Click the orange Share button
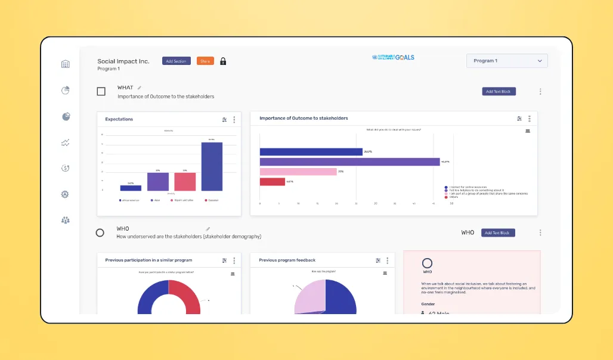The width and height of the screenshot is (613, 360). (x=205, y=61)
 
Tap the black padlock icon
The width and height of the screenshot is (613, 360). (x=223, y=61)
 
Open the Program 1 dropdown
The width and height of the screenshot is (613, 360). (x=507, y=61)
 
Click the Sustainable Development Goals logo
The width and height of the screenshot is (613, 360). (x=393, y=58)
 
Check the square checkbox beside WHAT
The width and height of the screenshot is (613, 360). (x=101, y=91)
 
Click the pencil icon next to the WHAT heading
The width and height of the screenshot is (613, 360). (x=140, y=88)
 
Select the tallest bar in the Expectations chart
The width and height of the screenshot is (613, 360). (x=212, y=166)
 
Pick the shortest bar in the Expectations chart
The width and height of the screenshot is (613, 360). (x=131, y=188)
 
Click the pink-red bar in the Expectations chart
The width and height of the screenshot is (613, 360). (x=185, y=182)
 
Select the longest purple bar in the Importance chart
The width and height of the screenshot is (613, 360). (x=349, y=162)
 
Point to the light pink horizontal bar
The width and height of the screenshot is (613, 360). (x=298, y=172)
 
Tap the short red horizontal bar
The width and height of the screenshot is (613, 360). (x=273, y=182)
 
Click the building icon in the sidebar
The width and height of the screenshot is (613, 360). (x=66, y=64)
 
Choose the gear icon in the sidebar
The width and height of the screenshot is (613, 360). (x=66, y=194)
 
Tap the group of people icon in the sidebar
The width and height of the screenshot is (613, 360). (x=66, y=220)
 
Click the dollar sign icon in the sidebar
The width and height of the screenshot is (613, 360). (x=66, y=168)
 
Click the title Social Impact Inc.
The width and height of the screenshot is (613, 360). (x=123, y=61)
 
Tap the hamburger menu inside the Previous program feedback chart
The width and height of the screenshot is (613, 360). (x=385, y=274)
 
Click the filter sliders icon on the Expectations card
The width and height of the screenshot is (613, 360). (x=224, y=119)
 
